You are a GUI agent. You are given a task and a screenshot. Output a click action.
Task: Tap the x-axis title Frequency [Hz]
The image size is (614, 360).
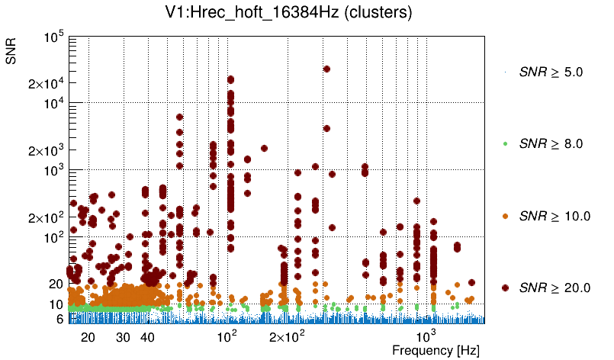[436, 350]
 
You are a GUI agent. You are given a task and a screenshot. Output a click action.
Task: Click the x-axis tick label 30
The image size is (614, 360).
[123, 337]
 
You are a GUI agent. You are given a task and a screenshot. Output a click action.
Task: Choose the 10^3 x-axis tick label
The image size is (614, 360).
[425, 336]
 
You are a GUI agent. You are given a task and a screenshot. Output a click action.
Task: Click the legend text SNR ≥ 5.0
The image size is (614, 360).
[551, 72]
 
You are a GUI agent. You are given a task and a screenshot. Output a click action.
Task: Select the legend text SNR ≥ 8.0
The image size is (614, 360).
[551, 143]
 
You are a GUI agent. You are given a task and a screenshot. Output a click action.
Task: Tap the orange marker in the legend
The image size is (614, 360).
[506, 216]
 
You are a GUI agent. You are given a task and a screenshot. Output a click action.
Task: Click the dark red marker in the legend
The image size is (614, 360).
[506, 288]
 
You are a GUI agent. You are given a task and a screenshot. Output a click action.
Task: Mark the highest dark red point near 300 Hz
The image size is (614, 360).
[326, 69]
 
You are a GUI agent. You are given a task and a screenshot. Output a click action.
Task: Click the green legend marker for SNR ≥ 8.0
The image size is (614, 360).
[506, 143]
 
